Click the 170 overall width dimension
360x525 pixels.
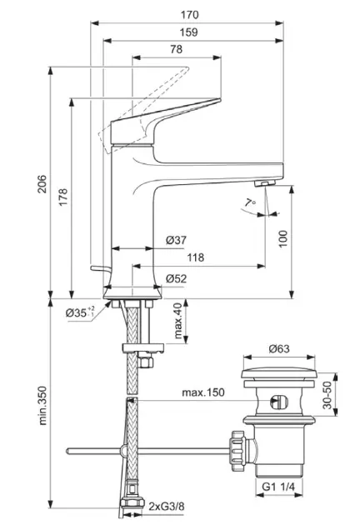point(189,15)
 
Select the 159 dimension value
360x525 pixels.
point(188,32)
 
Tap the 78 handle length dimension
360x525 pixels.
point(176,49)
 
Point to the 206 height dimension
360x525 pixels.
point(42,184)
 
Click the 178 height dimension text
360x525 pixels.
point(63,197)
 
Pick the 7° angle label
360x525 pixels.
point(250,202)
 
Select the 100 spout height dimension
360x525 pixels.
point(283,238)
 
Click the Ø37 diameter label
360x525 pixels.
point(176,240)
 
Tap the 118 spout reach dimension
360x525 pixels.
point(195,257)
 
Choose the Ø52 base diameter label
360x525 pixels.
point(176,278)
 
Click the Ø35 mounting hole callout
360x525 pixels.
point(80,312)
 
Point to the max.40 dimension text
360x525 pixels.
point(177,321)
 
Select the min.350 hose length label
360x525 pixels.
point(42,406)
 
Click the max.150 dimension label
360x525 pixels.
point(203,392)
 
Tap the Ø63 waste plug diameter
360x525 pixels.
point(279,349)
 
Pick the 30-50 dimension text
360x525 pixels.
point(327,395)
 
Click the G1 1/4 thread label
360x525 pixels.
point(278,487)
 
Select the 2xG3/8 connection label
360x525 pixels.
point(167,506)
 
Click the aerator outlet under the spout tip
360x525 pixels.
point(264,182)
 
